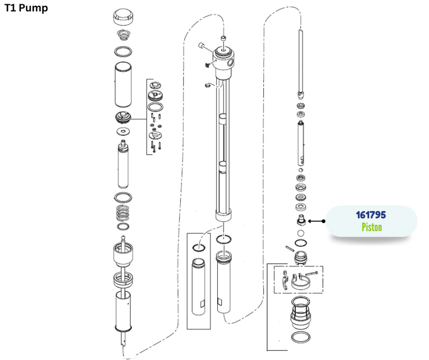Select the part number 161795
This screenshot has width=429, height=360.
tap(371, 215)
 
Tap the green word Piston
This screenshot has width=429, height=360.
tap(371, 227)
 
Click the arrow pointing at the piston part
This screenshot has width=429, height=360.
tap(316, 221)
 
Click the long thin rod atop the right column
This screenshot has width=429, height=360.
tap(301, 62)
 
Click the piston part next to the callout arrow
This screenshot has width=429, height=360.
tap(301, 220)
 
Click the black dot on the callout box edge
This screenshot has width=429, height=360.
tap(324, 221)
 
